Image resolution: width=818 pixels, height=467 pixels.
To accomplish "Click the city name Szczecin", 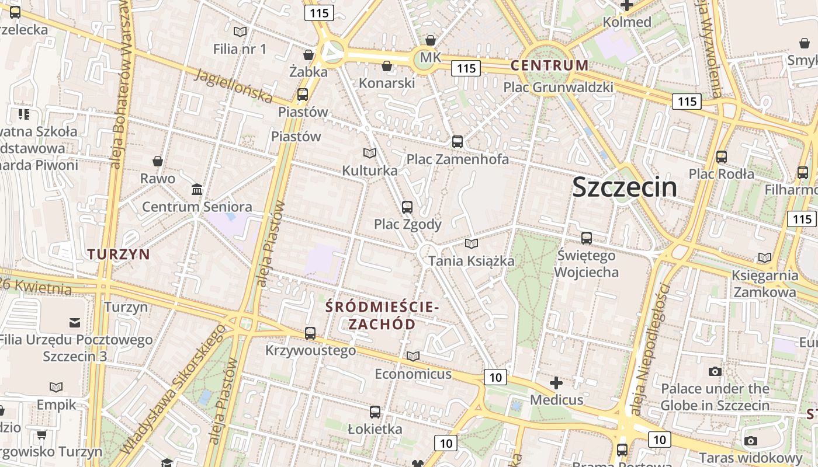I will click(625, 187).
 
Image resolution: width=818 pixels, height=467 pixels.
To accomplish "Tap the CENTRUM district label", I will click(549, 65).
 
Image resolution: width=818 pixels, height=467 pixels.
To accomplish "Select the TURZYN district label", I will click(119, 254).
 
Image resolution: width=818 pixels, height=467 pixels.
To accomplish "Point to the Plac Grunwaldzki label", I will click(558, 88).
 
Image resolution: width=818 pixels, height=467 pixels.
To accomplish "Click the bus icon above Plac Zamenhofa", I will click(457, 141).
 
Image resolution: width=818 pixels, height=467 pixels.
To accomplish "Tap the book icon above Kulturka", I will click(369, 153).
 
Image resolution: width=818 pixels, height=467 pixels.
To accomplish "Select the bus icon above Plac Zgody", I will click(407, 207).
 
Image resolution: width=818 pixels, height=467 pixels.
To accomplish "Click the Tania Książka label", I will click(472, 261).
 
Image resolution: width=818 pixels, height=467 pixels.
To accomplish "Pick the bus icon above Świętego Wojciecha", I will click(587, 238).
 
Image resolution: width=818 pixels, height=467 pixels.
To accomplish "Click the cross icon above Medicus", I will click(556, 383).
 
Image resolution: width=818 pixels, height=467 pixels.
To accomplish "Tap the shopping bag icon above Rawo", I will click(157, 161).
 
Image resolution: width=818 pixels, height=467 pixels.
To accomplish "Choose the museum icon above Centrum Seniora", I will click(197, 189).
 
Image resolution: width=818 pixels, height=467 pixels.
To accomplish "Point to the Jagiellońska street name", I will click(234, 85).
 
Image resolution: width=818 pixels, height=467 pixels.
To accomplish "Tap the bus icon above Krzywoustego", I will click(310, 333).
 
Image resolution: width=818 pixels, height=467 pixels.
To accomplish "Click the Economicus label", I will click(413, 374).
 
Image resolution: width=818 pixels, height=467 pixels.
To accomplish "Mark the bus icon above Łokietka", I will click(375, 412).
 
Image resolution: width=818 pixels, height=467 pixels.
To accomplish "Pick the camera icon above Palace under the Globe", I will click(715, 371).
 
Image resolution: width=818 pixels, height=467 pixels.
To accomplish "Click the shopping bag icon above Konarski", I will click(386, 65).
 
